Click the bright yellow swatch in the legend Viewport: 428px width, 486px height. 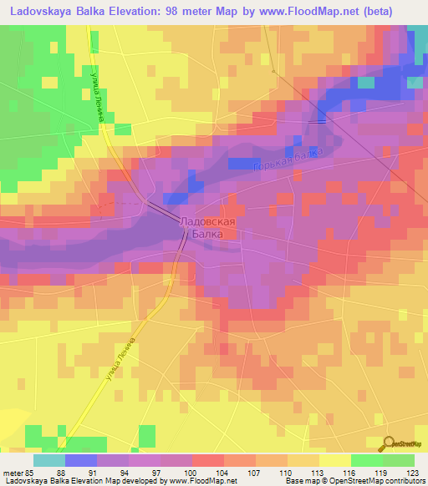click(334, 460)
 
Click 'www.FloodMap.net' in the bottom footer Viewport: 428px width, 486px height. click(189, 482)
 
